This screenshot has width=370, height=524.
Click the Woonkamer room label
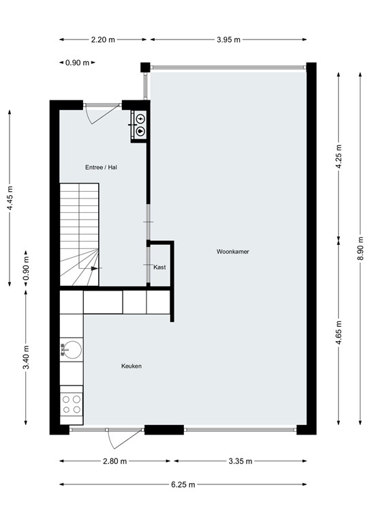(233, 252)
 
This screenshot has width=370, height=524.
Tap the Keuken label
(132, 366)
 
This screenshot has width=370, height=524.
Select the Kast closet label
(160, 267)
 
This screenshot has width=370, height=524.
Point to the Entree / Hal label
(102, 167)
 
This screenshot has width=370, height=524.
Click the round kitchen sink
(71, 351)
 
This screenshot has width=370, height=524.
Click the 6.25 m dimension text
(184, 484)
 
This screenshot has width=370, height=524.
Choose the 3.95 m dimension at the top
(229, 40)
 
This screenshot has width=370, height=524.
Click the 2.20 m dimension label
(104, 40)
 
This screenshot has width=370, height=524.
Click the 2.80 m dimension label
(114, 461)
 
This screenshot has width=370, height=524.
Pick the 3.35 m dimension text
(240, 461)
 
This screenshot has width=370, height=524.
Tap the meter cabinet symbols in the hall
(140, 123)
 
